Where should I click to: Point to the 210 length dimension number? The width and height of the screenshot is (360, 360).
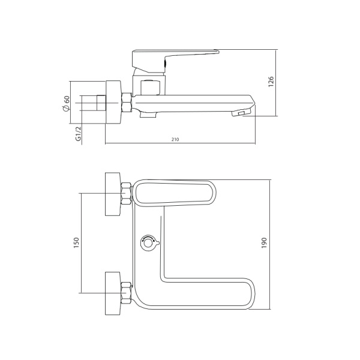click(x=175, y=139)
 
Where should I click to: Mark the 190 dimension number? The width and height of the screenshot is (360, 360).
click(x=264, y=243)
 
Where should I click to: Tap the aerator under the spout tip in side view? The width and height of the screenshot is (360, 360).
click(x=241, y=112)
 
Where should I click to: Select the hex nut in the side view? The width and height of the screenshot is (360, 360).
click(x=127, y=103)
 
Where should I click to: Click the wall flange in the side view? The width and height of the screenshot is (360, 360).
click(x=113, y=101)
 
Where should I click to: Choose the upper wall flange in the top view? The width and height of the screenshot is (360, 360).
click(x=112, y=194)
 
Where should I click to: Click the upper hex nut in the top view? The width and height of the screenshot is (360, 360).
click(x=127, y=194)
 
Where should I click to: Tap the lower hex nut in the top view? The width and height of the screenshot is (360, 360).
click(x=127, y=293)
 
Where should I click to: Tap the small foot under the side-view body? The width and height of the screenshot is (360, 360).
click(x=146, y=115)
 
